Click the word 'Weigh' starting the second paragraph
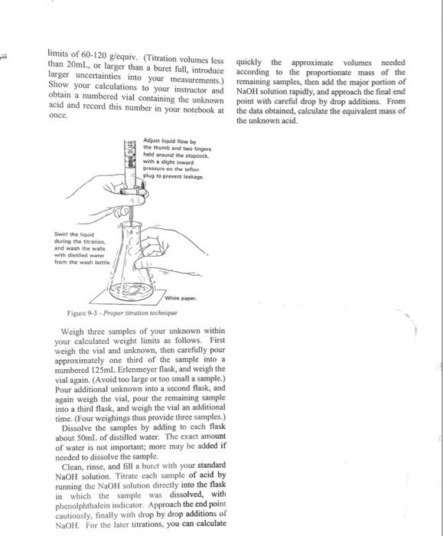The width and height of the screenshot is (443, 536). [x=73, y=332]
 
